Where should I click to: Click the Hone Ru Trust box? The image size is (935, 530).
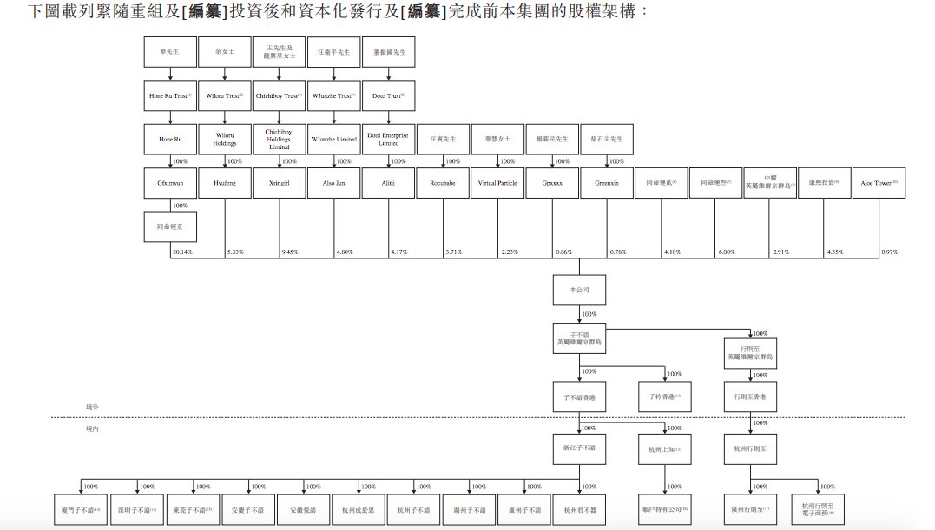170,95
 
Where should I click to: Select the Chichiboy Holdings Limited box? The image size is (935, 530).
280,140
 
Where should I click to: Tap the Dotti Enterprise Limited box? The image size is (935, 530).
388,140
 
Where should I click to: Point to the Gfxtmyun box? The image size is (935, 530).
170,183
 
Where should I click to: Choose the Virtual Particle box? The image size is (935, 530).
497,183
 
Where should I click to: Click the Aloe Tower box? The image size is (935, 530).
879,183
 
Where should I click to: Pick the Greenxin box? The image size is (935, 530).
607,183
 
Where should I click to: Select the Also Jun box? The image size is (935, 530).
334,183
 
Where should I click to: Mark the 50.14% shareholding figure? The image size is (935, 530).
182,252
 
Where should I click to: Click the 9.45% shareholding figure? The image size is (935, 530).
290,252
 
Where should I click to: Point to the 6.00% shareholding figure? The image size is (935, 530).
726,252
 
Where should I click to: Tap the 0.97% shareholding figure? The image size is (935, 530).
889,252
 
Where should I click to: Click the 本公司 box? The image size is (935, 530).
579,290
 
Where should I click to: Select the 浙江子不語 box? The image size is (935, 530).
579,448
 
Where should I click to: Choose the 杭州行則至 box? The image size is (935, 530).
750,448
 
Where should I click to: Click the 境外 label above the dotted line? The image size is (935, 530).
92,406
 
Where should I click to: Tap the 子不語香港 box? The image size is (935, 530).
579,396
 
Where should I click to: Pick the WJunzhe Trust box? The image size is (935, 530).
334,95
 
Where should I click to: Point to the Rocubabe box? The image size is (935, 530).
443,183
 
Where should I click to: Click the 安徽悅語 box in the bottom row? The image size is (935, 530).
303,510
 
